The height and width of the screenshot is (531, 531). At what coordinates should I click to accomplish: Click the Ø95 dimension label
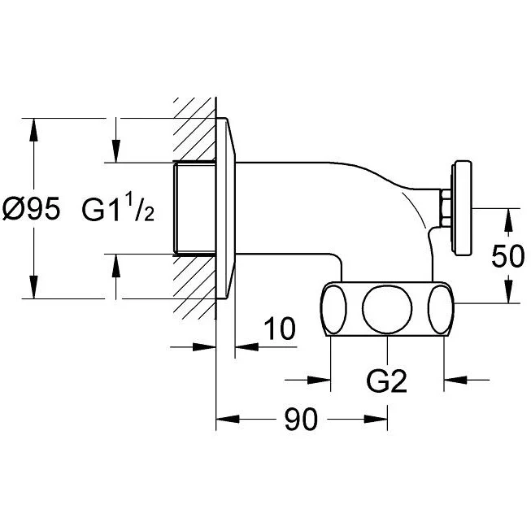(31, 208)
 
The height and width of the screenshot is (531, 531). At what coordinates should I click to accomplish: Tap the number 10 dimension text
(280, 329)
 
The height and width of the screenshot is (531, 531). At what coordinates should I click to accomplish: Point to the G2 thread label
(387, 381)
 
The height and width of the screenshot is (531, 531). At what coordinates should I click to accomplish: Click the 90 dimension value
(301, 420)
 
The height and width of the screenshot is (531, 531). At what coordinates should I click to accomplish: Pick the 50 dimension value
(508, 256)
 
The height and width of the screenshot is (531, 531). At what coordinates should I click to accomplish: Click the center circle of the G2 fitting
(387, 308)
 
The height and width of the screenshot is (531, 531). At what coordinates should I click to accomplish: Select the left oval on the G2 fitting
(334, 309)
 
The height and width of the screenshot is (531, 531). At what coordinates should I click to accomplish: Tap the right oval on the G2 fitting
(441, 309)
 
